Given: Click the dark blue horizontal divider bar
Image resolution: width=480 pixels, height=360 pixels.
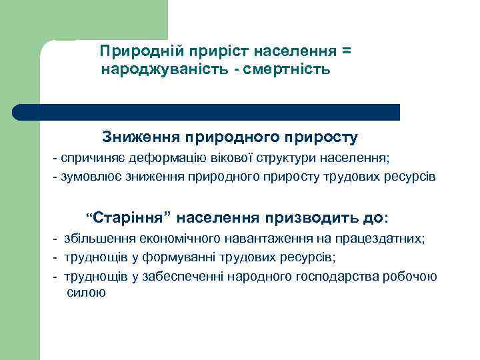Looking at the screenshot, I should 207,112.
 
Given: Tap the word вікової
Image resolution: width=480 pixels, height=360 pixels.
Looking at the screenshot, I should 225,159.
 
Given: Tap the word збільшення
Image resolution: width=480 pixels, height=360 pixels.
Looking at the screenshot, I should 97,239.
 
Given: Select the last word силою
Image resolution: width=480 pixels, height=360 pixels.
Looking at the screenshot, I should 87,293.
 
